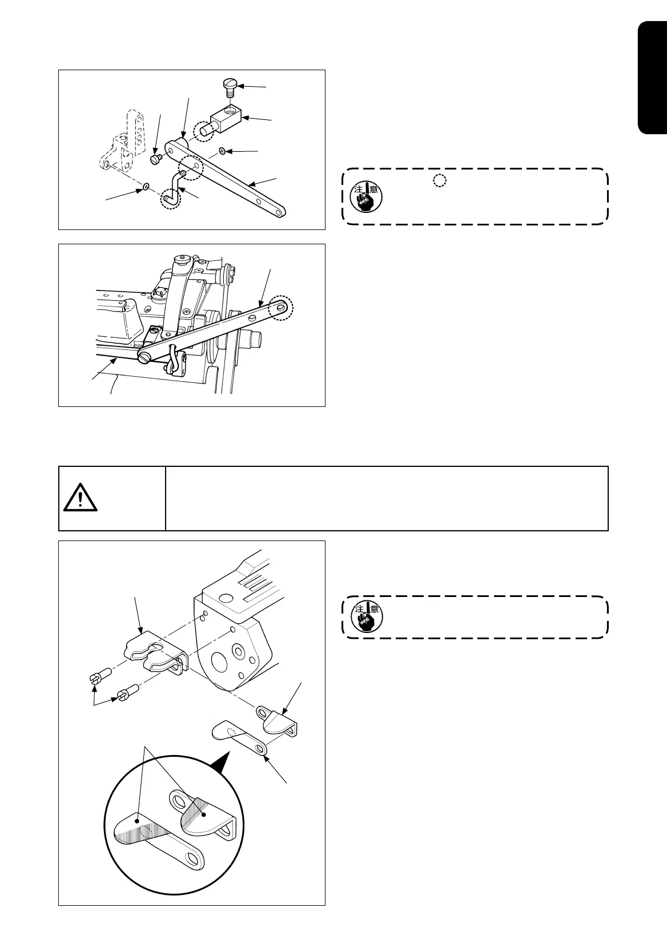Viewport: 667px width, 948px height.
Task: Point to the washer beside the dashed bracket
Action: point(147,187)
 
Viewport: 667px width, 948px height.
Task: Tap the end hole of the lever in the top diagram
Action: point(278,212)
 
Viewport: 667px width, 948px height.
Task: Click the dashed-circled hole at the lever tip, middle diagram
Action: point(282,308)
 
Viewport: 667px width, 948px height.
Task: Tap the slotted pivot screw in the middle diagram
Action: point(145,357)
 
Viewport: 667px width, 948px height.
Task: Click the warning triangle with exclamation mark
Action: point(80,499)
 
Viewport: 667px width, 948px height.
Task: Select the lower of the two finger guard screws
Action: point(124,695)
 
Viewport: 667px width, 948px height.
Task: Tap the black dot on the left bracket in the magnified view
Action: point(138,820)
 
